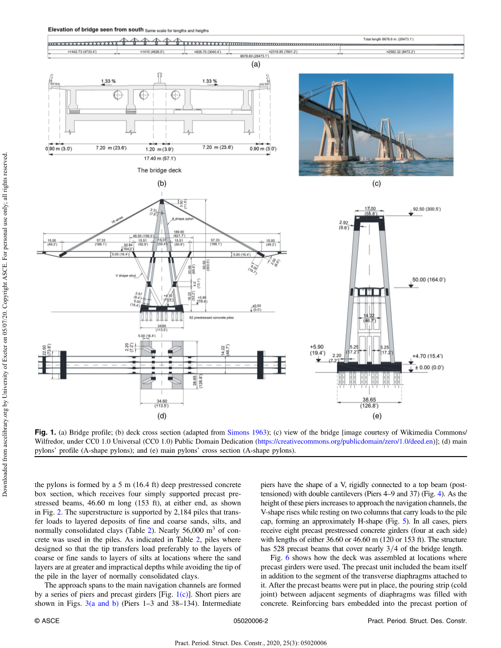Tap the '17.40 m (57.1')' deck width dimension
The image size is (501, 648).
point(159,158)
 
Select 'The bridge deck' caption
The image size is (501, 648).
point(159,170)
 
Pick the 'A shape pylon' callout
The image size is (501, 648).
point(183,219)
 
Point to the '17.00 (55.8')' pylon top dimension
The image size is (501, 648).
point(370,211)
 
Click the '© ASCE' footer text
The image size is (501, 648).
point(47,621)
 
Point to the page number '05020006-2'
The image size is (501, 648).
point(250,621)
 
